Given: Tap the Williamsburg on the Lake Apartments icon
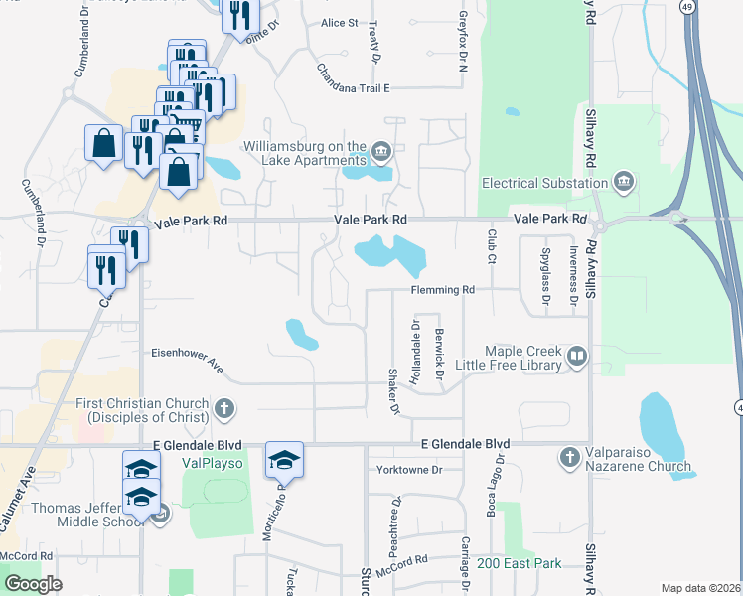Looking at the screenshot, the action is coord(381,152).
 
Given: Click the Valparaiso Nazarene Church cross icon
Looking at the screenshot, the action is coord(569,457).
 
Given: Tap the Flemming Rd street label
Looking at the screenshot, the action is coord(443,290).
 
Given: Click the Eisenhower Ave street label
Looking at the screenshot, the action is coord(187,353).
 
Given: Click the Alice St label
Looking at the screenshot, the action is coord(339,23).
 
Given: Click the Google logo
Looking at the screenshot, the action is coord(33,584).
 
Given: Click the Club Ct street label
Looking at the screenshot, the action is coord(491,245).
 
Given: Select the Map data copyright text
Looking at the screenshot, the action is coord(700,588).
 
